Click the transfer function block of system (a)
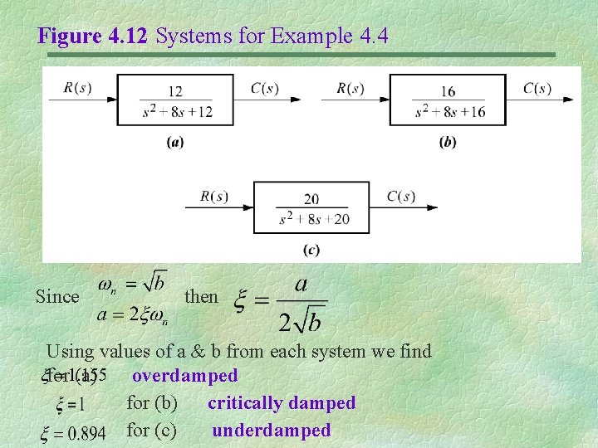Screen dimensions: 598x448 pos(175,100)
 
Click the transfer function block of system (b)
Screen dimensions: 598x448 pos(448,100)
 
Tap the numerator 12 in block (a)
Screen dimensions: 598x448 pos(175,91)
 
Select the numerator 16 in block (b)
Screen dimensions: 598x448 pos(448,91)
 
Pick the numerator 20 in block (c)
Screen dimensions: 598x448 pos(311,199)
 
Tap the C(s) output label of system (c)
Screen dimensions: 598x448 pos(401,196)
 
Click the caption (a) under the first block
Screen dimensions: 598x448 pos(175,142)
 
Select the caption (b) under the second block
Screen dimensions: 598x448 pos(448,142)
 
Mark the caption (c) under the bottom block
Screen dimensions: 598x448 pos(311,249)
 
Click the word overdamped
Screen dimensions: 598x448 pos(184,376)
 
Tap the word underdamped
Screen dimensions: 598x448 pos(272,431)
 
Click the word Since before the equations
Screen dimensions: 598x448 pos(57,296)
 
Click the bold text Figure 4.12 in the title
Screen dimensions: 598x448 pos(94,36)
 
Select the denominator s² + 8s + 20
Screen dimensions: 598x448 pos(311,218)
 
